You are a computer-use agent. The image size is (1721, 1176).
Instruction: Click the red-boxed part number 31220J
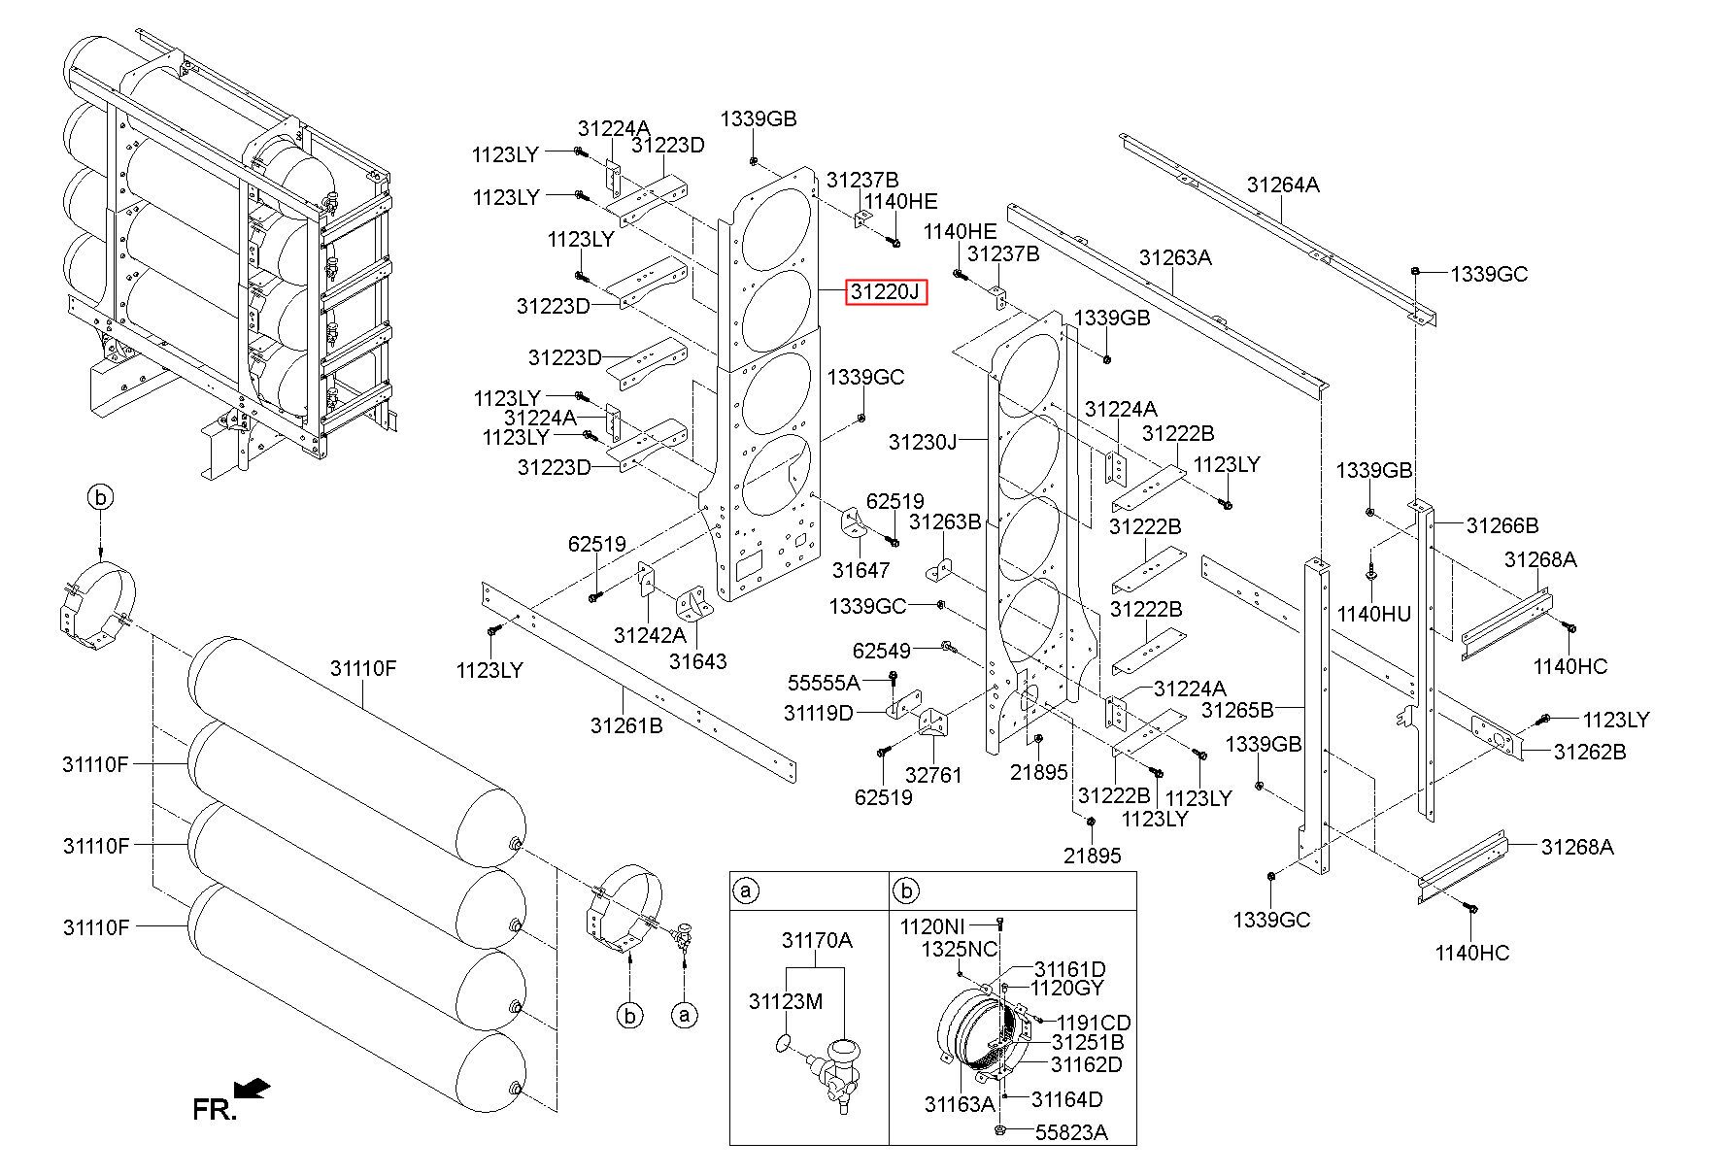886,291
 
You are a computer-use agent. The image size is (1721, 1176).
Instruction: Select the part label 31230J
923,443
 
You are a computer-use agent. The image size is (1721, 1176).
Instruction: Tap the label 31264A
1283,185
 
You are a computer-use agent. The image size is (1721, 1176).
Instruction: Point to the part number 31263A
1175,257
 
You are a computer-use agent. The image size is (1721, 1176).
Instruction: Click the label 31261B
626,724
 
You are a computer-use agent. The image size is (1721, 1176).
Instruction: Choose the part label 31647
861,570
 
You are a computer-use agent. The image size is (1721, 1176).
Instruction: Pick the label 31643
697,661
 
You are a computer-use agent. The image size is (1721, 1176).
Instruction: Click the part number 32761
933,775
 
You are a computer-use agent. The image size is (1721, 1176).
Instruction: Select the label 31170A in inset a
817,940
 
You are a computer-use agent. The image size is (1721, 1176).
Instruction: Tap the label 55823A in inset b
1070,1132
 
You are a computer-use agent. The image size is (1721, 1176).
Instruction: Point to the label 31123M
786,1000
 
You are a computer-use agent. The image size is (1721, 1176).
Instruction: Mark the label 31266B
1502,525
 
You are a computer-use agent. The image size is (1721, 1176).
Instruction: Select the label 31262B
1590,752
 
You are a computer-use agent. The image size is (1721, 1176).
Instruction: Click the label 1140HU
1374,614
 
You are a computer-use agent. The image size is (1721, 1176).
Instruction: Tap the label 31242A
650,635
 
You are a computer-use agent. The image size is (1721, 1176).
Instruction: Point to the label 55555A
824,682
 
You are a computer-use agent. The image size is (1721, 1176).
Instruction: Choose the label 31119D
819,714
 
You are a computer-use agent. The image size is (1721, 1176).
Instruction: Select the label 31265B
1237,710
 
